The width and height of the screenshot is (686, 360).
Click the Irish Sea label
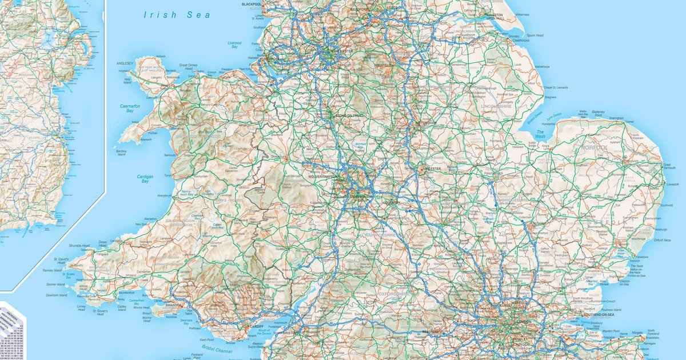[x=177, y=15]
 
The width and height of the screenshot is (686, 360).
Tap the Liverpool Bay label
[x=234, y=45]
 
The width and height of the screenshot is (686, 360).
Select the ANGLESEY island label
[x=125, y=63]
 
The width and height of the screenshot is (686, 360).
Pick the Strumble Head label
[x=79, y=246]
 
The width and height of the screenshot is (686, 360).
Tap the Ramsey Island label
[x=55, y=270]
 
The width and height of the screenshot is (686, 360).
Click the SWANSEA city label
[x=175, y=306]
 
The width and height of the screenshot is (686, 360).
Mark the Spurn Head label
[x=535, y=35]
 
